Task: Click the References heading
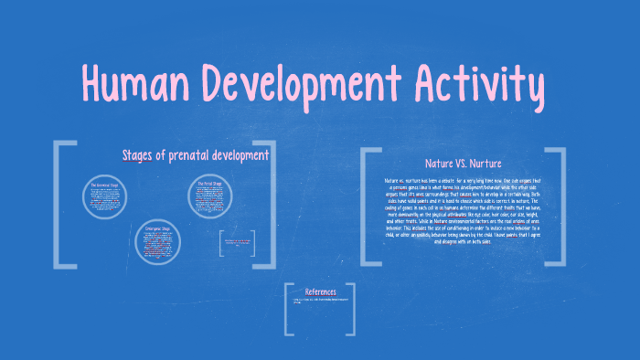coord(320,291)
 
